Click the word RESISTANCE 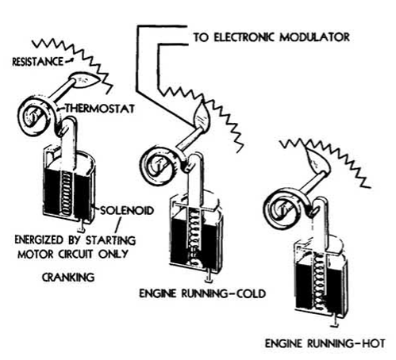pos(38,62)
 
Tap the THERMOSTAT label pos(100,109)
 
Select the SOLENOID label pos(127,210)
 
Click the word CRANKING pos(68,278)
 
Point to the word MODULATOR pos(315,37)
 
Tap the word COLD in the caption pos(250,293)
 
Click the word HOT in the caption pos(373,343)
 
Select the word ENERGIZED pos(39,239)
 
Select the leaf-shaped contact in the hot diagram pos(317,158)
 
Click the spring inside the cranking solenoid pos(66,193)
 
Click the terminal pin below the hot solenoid pos(336,321)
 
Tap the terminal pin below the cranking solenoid pos(82,228)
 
